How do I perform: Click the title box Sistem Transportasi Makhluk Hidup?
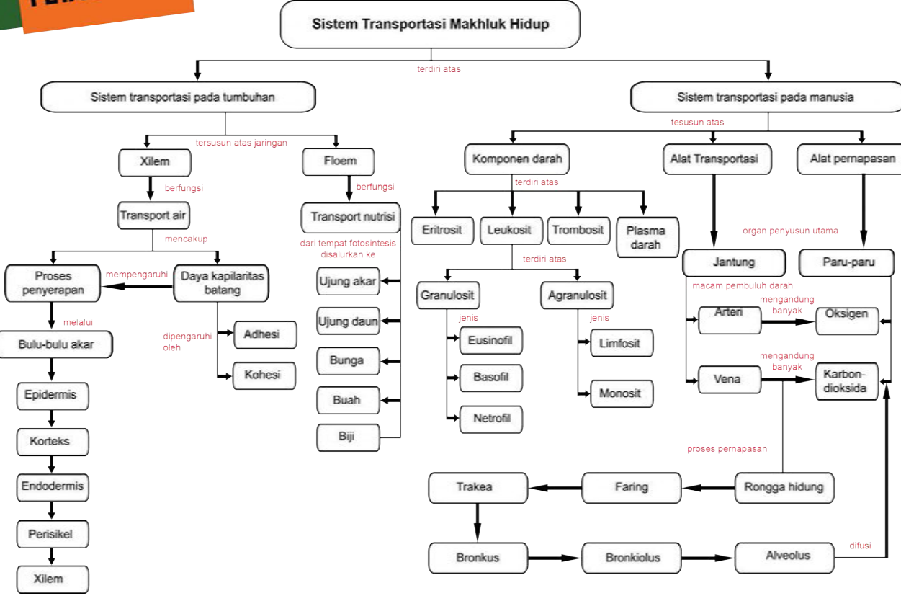coord(430,25)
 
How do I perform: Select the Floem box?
coord(340,161)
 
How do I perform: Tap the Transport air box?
coord(153,215)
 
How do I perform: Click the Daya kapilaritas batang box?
coord(222,283)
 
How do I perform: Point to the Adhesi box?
coord(264,334)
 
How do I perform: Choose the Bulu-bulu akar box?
coord(56,344)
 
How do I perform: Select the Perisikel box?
coord(51,534)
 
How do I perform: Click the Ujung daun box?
coord(348,321)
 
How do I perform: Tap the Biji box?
coord(348,437)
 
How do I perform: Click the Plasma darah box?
coord(646,237)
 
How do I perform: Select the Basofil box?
coord(491,377)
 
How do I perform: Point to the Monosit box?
coord(620,393)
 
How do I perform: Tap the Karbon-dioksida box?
coord(847,380)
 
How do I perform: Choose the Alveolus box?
coord(788,556)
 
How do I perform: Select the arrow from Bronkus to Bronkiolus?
coord(555,557)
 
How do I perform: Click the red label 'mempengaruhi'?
coord(137,275)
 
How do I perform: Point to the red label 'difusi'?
coord(860,546)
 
